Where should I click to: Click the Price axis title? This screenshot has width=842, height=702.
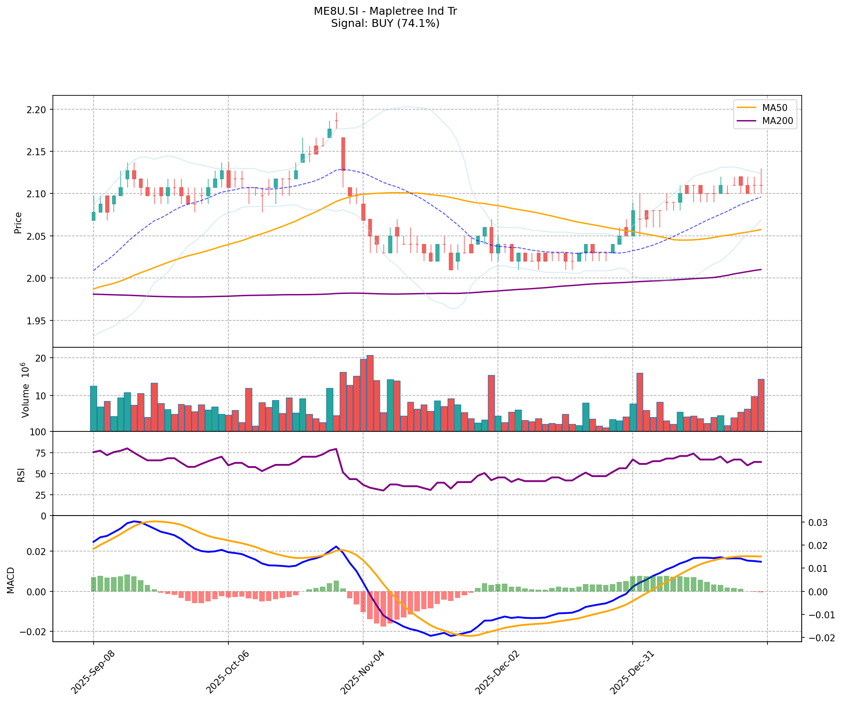[x=18, y=222]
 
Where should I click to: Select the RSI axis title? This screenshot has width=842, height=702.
[x=21, y=474]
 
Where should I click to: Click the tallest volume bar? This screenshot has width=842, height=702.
[x=370, y=393]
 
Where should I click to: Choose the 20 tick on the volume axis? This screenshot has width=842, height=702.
[x=41, y=358]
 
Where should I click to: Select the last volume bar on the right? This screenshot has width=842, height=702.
[x=761, y=405]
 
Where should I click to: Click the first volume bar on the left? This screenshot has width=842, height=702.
[x=93, y=408]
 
